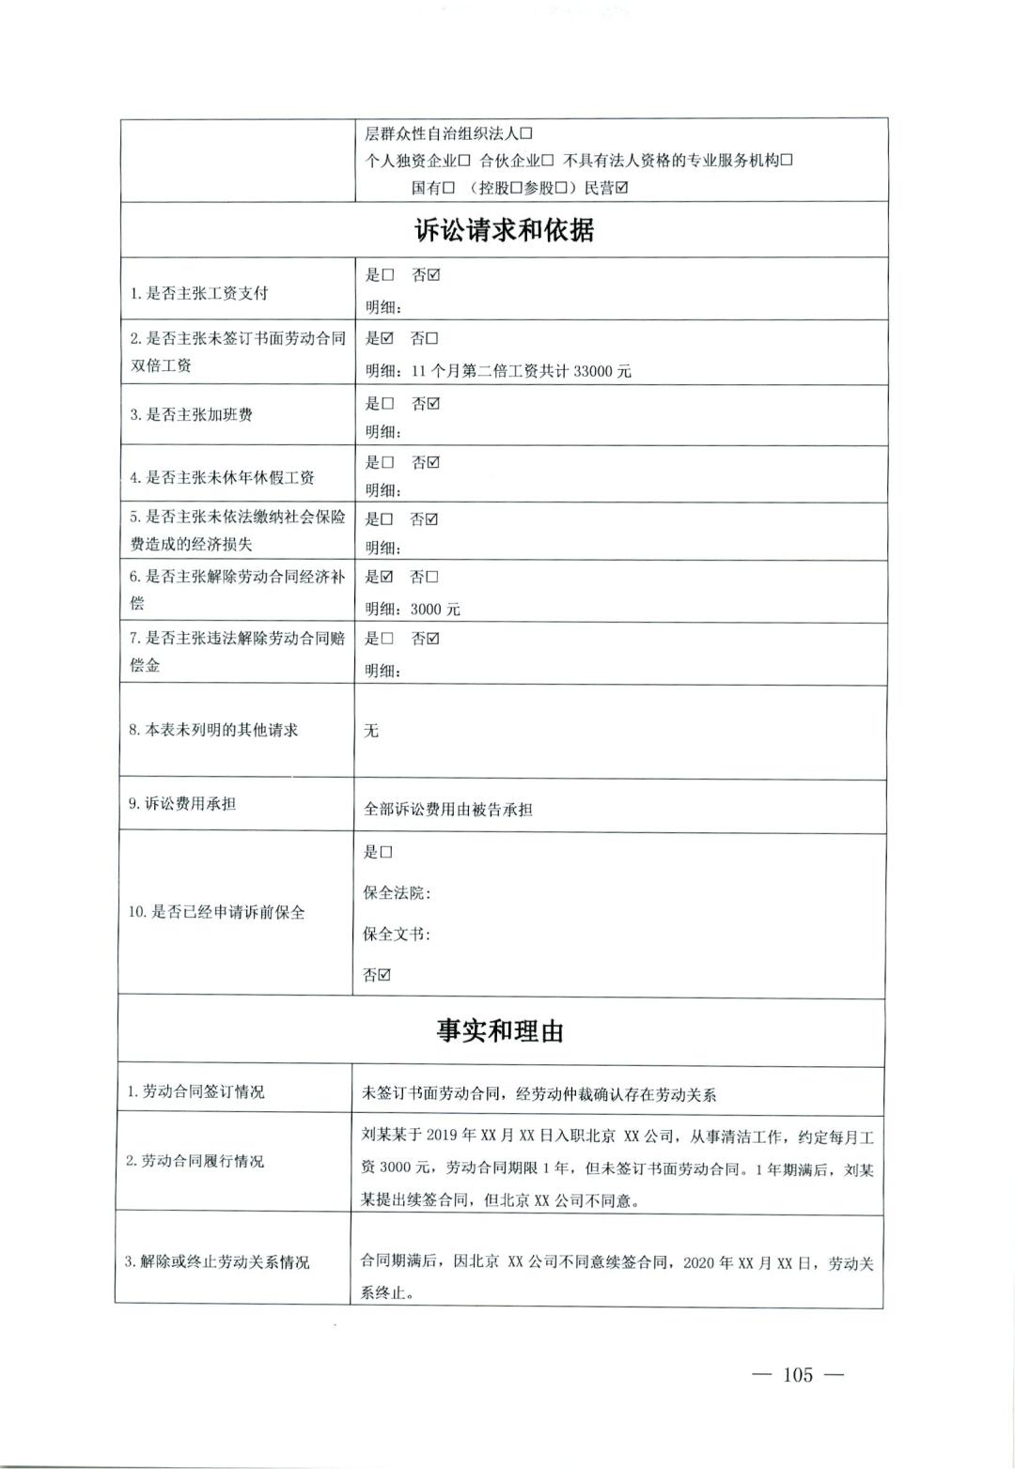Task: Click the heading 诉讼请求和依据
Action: [504, 230]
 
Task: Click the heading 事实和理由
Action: [499, 1031]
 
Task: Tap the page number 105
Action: [796, 1375]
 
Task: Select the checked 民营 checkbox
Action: [621, 188]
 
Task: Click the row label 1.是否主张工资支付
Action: [199, 293]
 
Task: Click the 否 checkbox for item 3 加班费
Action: [433, 404]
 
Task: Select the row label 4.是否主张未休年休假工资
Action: [222, 477]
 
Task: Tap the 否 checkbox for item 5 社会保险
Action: [432, 519]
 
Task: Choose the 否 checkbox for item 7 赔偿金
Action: [433, 639]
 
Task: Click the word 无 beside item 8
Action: [371, 731]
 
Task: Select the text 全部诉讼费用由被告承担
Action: [448, 809]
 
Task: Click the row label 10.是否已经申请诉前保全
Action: [216, 912]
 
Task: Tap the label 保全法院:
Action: [397, 893]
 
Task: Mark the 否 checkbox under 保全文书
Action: [384, 975]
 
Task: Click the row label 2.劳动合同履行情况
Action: [195, 1161]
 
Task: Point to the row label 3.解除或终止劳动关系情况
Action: [216, 1261]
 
